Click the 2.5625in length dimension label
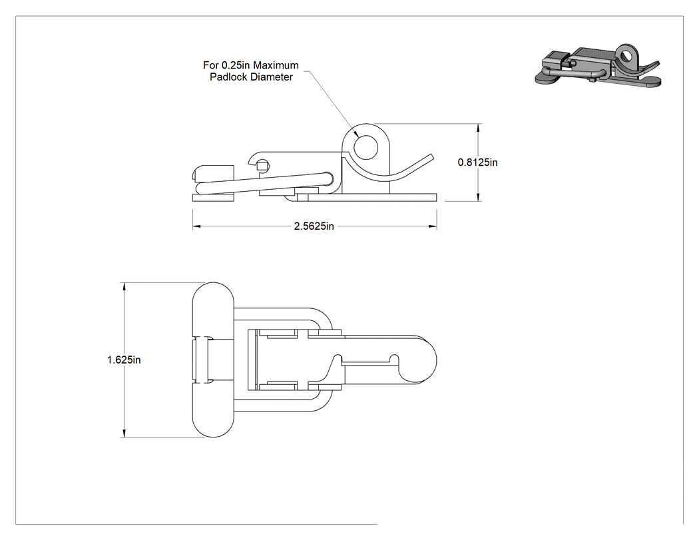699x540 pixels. (x=314, y=226)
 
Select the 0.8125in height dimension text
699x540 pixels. (x=477, y=162)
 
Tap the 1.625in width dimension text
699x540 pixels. (x=124, y=360)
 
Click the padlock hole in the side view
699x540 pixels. (x=365, y=148)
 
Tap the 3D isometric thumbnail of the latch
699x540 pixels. (x=598, y=65)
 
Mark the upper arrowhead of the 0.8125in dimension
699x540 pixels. (x=479, y=128)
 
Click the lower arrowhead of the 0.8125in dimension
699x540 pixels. (x=479, y=196)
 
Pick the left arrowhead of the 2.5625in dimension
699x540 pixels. (x=196, y=226)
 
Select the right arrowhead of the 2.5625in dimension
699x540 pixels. (x=433, y=226)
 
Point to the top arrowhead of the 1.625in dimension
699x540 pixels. (x=124, y=287)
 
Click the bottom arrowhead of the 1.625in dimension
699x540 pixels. (x=124, y=433)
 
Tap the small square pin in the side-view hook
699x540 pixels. (x=262, y=166)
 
